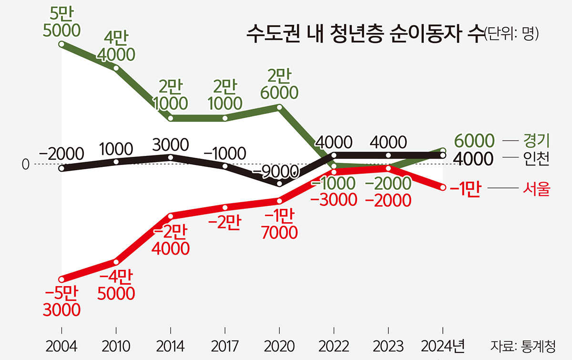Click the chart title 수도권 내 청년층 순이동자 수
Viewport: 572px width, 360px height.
[x=365, y=34]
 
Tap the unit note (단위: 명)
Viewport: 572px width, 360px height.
[x=511, y=34]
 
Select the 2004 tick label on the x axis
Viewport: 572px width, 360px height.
[x=61, y=344]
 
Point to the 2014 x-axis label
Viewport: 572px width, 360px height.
[x=171, y=344]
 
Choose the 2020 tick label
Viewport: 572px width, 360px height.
[x=280, y=344]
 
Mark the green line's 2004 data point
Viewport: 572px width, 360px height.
[x=61, y=44]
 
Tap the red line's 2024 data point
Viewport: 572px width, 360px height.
[x=443, y=188]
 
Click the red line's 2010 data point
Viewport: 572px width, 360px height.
[x=116, y=261]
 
